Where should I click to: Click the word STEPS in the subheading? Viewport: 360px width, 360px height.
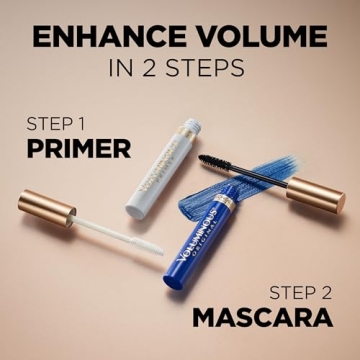click(213, 70)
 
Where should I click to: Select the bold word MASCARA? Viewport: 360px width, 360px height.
click(262, 320)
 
